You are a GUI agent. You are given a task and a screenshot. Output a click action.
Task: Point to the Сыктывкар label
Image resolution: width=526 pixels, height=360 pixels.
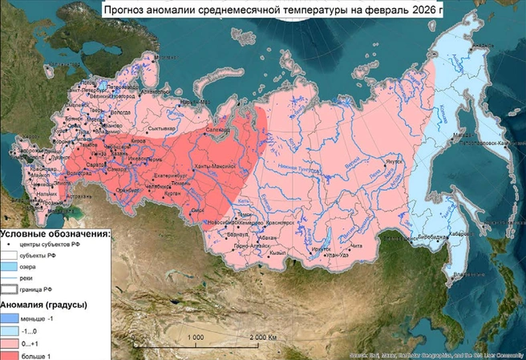(163, 128)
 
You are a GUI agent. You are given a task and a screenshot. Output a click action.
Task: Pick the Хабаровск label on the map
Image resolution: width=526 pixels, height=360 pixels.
(458, 233)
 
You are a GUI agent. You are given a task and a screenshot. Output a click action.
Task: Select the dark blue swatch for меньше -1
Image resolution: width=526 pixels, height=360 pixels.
(14, 318)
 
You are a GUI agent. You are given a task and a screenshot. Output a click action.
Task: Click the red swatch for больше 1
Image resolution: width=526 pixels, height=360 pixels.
(14, 355)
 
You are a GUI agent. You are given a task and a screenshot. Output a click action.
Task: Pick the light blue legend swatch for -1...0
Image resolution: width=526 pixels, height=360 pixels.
(14, 330)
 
